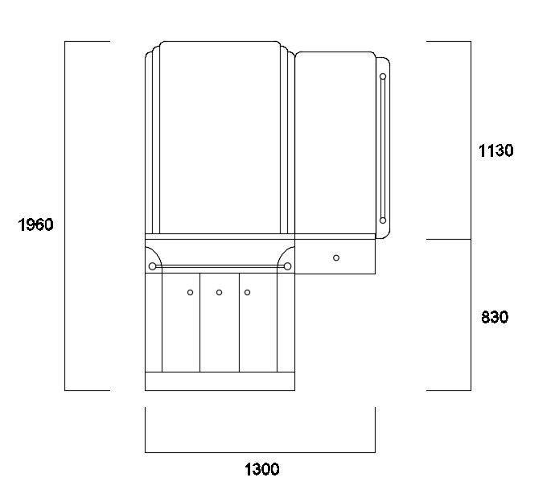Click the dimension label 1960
coord(35,224)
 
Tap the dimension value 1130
coord(495,150)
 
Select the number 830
coord(495,317)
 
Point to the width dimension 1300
coord(261,469)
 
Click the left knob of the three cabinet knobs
coord(191,292)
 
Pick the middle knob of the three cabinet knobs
coord(219,292)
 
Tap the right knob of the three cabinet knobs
coord(248,292)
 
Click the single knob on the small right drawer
coord(336,257)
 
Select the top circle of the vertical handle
coord(383,77)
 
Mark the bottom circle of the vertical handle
coord(383,220)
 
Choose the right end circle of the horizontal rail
coord(287,266)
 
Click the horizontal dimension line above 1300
coord(260,452)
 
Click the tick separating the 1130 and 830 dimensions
coord(448,240)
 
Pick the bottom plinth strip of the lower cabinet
coord(220,381)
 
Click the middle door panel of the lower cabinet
coord(220,330)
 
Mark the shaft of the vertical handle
coord(383,149)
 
